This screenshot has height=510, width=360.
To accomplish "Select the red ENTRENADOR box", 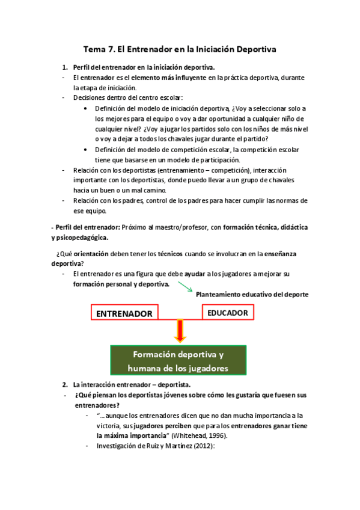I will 124,313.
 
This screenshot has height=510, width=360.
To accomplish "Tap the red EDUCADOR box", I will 228,313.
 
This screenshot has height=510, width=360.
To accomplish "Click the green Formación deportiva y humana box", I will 178,360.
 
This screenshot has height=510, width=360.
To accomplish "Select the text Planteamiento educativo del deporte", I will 252,294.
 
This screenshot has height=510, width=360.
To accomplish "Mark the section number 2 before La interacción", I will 65,384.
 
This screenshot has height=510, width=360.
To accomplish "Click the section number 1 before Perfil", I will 65,67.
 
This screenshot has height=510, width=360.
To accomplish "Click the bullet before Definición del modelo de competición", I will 88,149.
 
